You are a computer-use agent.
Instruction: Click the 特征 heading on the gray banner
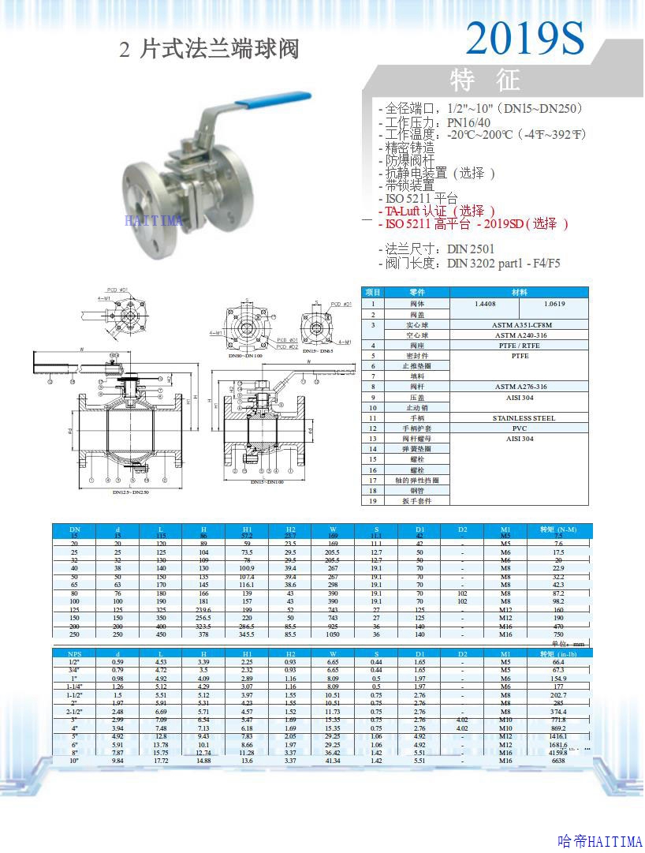coord(486,80)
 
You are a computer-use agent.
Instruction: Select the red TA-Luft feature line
coord(438,211)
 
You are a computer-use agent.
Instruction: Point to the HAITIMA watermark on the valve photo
coord(154,220)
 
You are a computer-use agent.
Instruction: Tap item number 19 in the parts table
coord(374,500)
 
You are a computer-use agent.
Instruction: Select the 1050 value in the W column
coord(333,634)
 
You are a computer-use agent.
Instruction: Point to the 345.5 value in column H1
coord(247,634)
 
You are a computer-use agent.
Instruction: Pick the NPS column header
coord(75,653)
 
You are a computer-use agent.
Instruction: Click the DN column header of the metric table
coord(75,528)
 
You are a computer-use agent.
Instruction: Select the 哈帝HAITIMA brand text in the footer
coord(599,842)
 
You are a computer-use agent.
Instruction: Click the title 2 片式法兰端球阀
coord(209,50)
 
